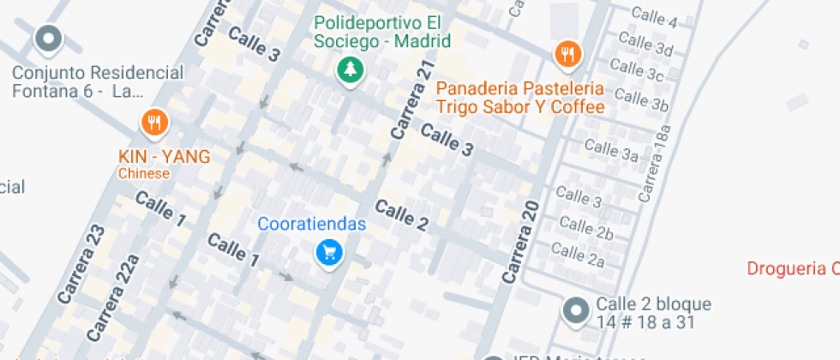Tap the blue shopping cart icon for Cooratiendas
(x=329, y=252)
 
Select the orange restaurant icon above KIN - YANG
(x=154, y=123)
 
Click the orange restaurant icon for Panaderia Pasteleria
(x=567, y=55)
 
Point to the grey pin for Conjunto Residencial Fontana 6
(x=49, y=39)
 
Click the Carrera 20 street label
(x=520, y=243)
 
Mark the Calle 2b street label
(x=587, y=228)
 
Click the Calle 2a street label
(x=579, y=254)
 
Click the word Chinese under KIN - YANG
(x=144, y=174)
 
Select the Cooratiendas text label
(x=312, y=225)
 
